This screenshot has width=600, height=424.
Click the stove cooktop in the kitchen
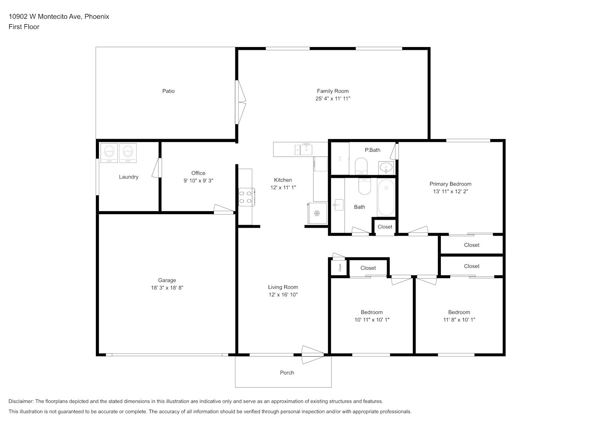point(247,197)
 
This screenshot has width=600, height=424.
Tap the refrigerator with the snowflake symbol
point(317,213)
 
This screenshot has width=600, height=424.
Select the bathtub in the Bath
point(386,198)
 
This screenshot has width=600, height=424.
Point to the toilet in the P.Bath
point(361,166)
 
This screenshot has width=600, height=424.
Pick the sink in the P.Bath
point(386,168)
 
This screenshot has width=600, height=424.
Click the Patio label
point(168,91)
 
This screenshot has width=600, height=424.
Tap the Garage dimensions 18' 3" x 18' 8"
point(167,288)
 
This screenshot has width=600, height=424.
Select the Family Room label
point(333,91)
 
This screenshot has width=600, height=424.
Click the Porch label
point(287,373)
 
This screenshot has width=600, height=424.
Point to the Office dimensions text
point(198,181)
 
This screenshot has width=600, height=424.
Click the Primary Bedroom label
point(450,184)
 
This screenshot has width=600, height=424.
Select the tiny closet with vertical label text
point(339,268)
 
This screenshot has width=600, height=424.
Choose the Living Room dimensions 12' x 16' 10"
point(283,295)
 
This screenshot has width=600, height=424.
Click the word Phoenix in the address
point(97,17)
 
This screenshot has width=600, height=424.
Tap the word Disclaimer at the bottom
point(21,401)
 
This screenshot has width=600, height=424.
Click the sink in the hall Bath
point(339,205)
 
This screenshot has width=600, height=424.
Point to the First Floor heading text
point(24,27)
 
